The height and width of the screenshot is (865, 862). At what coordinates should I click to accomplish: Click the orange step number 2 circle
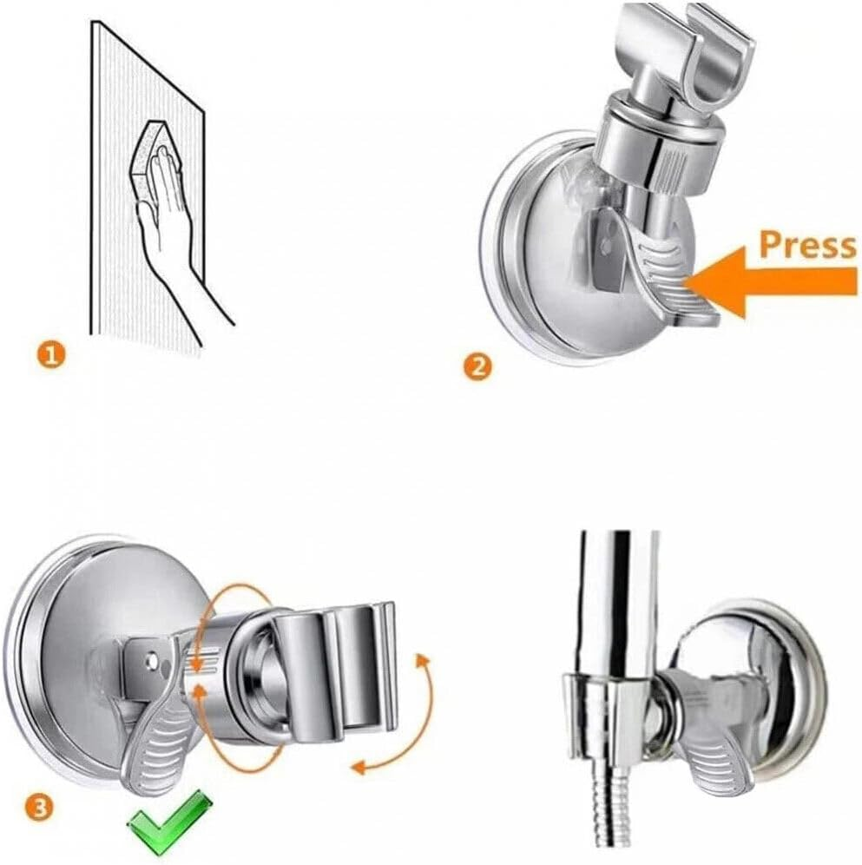(x=477, y=366)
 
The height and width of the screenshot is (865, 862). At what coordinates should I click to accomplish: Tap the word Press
(x=807, y=246)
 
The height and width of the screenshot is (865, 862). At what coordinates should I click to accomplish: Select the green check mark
(x=170, y=817)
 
